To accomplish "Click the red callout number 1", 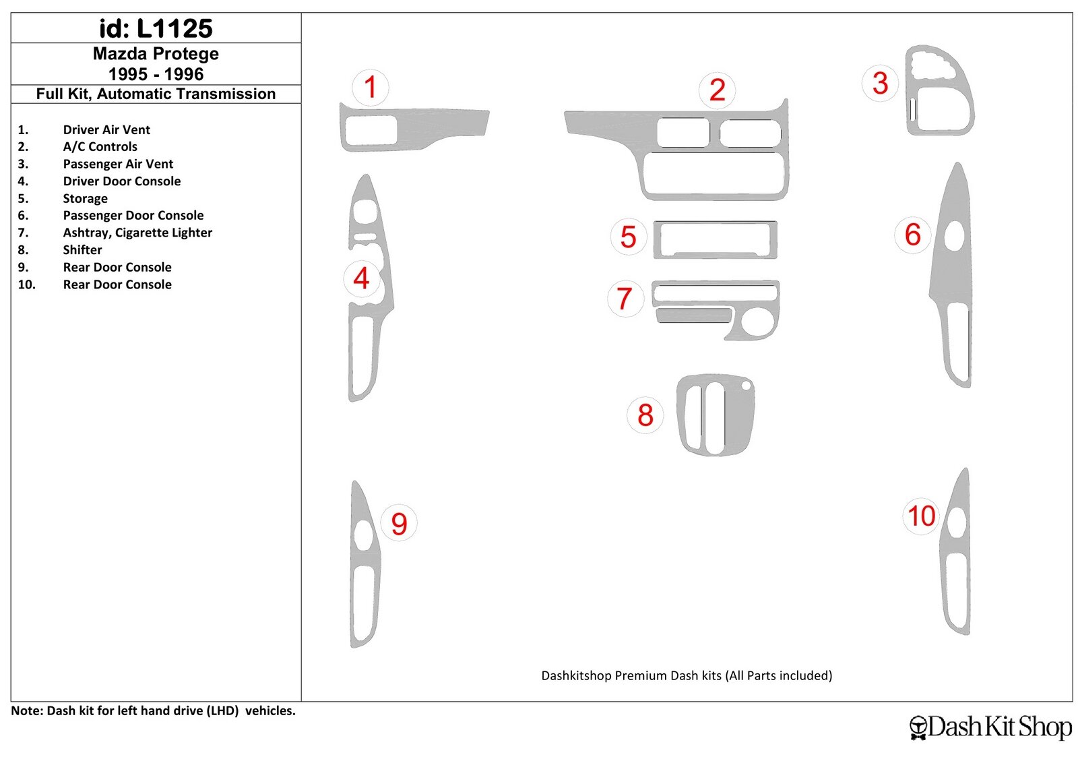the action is pyautogui.click(x=370, y=87).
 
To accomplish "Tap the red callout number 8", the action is pyautogui.click(x=645, y=415).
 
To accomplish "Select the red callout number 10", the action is pyautogui.click(x=921, y=516).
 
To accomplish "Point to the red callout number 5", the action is pyautogui.click(x=628, y=237).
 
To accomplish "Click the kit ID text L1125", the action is pyautogui.click(x=175, y=28).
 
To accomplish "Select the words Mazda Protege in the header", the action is pyautogui.click(x=156, y=53).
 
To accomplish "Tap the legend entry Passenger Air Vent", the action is pyautogui.click(x=118, y=164).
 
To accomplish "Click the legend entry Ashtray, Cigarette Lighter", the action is pyautogui.click(x=137, y=233).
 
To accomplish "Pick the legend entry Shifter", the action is pyautogui.click(x=82, y=250).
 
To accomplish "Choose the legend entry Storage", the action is pyautogui.click(x=85, y=198).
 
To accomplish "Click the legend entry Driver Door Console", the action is pyautogui.click(x=122, y=181).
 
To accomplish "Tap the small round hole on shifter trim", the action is pyautogui.click(x=747, y=386).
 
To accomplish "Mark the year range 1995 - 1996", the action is pyautogui.click(x=156, y=74).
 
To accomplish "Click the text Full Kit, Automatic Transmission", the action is pyautogui.click(x=156, y=94).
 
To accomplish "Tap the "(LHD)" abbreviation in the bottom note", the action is pyautogui.click(x=223, y=710).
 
